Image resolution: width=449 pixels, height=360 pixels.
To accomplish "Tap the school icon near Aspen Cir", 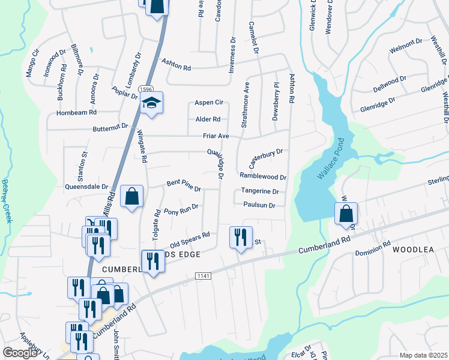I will (152, 104).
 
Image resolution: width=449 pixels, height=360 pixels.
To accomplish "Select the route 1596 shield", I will (145, 89).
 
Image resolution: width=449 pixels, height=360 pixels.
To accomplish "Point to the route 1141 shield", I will (203, 275).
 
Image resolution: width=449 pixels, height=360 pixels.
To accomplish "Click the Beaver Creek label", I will (7, 201).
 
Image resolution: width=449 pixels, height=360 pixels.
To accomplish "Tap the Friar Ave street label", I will (215, 136).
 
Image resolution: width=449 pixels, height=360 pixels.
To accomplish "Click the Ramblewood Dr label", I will (263, 177).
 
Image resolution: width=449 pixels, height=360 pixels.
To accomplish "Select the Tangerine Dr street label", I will (260, 191).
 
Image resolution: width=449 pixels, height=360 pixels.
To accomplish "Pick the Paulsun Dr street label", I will (259, 205).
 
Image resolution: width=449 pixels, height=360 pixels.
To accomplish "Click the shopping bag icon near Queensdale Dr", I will (131, 196).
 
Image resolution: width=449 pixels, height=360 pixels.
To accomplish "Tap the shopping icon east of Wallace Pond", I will (346, 214).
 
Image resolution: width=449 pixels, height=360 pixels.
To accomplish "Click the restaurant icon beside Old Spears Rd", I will (241, 237).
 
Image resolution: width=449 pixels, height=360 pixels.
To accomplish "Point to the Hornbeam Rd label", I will (76, 112).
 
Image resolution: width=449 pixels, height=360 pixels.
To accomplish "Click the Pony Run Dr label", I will (181, 209).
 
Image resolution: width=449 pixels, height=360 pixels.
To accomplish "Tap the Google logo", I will (20, 353).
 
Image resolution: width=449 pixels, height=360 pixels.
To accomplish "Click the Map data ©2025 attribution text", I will (423, 355).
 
